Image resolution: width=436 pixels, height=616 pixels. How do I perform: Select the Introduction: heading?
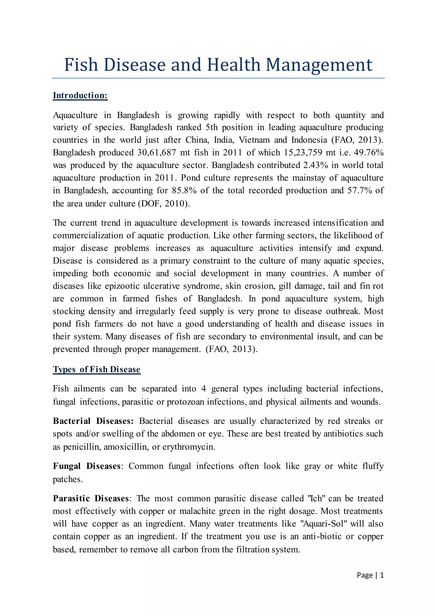80,96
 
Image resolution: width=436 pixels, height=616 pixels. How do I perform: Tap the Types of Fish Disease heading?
97,369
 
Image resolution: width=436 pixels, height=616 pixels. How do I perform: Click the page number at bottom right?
370,575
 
